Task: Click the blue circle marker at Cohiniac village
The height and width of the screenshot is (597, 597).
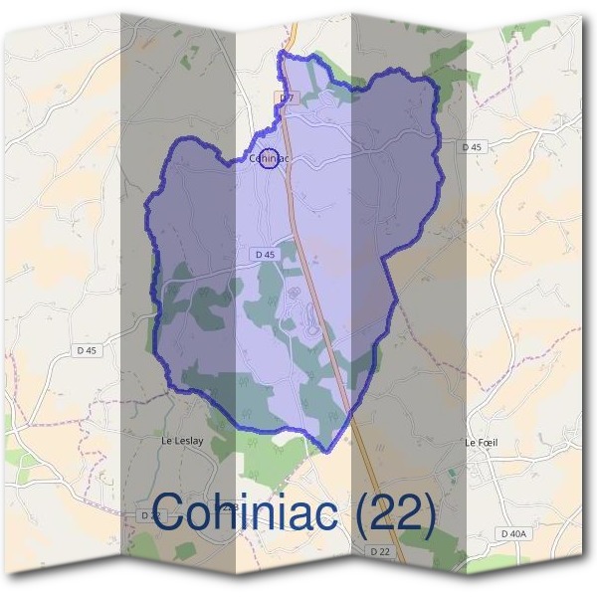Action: coord(268,158)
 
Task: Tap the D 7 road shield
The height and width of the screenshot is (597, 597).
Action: coord(286,99)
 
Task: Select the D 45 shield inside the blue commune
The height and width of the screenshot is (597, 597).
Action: coord(265,255)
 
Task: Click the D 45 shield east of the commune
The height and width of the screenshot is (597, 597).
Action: coord(472,146)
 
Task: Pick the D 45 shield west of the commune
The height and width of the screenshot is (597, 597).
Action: coord(87,350)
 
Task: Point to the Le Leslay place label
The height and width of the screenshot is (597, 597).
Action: coord(181,439)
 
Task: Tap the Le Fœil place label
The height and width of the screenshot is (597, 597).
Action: coord(481,442)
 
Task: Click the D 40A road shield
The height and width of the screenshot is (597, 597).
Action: coord(513,534)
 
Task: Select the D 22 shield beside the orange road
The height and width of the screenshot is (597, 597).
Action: coord(379,550)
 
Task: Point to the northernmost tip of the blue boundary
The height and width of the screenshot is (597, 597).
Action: coord(284,51)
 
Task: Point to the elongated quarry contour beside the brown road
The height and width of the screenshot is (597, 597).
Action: coord(310,318)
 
